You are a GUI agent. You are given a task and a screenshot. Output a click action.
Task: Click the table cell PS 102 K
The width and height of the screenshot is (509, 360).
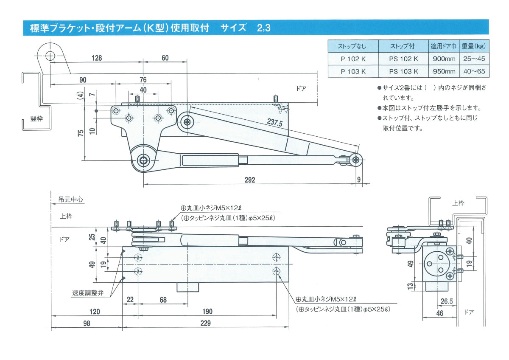pos(403,59)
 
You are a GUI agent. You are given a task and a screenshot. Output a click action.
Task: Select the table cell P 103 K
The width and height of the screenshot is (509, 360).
pos(353,71)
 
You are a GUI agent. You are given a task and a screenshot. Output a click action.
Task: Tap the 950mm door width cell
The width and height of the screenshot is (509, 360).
pos(444,71)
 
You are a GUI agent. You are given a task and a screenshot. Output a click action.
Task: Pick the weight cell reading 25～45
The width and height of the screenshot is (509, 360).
pos(474,59)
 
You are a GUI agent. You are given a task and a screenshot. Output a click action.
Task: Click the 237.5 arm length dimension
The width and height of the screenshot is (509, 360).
pos(275,123)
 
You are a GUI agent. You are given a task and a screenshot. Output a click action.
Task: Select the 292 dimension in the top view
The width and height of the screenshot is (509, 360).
pos(250,180)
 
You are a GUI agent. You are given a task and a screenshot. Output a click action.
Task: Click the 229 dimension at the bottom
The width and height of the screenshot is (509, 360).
pos(205,323)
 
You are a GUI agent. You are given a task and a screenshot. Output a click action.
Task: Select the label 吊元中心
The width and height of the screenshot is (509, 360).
pos(70,199)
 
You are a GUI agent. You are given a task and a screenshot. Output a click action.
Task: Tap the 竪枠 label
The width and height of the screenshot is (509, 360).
pos(36,118)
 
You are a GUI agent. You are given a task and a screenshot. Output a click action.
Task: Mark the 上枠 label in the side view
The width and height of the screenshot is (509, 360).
pos(458,203)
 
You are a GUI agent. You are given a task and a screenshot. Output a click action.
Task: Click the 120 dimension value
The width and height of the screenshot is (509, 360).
pos(95,312)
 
